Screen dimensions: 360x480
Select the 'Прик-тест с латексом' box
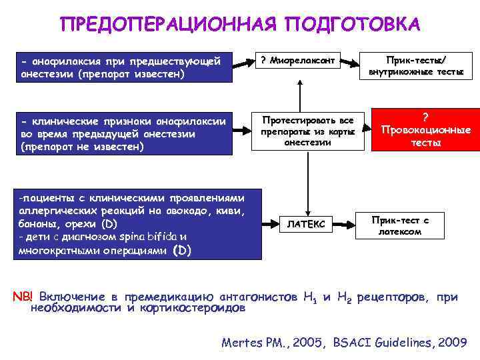[400, 225]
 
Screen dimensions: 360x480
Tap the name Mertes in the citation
[243, 343]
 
